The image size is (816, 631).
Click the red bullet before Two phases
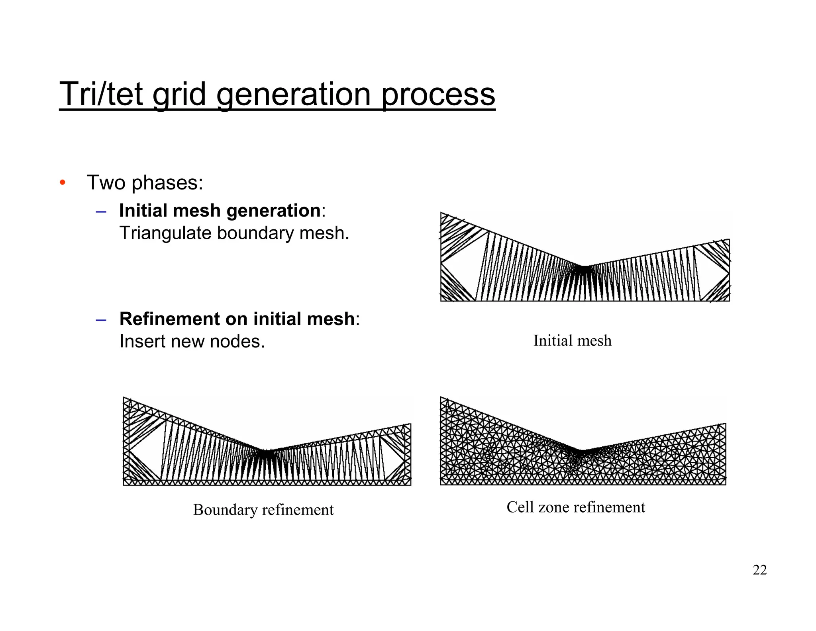[62, 183]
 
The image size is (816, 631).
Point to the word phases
[167, 183]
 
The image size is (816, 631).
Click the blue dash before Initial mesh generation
[101, 211]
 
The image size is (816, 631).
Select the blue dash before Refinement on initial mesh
[101, 319]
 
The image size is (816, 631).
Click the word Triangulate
[165, 233]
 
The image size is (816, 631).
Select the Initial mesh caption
[572, 341]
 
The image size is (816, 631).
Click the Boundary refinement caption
[263, 510]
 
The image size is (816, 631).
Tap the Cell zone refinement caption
[575, 507]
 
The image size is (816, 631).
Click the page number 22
[759, 570]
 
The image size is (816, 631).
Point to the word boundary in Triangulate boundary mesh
[255, 233]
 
